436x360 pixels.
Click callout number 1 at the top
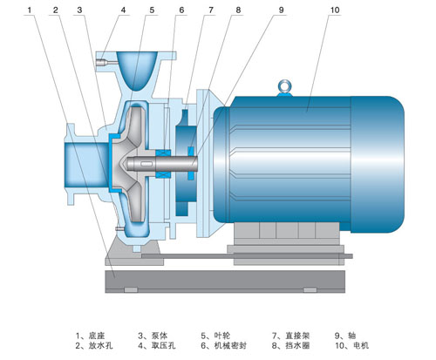pyautogui.click(x=29, y=10)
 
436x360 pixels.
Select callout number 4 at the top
pyautogui.click(x=123, y=10)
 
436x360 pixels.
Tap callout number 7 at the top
pyautogui.click(x=211, y=10)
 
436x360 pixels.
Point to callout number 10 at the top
pyautogui.click(x=335, y=10)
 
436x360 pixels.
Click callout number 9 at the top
pyautogui.click(x=281, y=10)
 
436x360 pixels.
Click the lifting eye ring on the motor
pyautogui.click(x=284, y=86)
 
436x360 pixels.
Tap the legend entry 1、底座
pyautogui.click(x=90, y=336)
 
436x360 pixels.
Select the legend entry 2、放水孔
pyautogui.click(x=94, y=346)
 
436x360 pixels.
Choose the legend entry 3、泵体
pyautogui.click(x=153, y=336)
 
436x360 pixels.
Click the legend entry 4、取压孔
pyautogui.click(x=157, y=346)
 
